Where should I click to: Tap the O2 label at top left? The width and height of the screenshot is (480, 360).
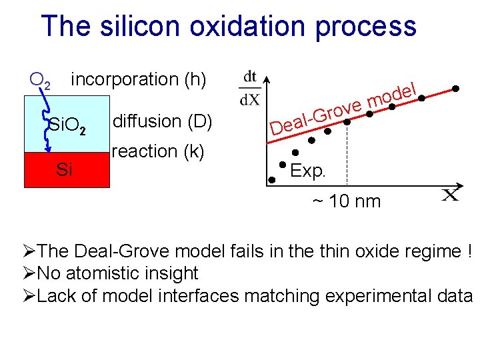pyautogui.click(x=40, y=81)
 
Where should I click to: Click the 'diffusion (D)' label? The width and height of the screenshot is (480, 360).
pyautogui.click(x=162, y=121)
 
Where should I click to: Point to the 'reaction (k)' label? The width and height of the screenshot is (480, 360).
pyautogui.click(x=158, y=151)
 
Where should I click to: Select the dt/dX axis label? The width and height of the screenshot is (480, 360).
pyautogui.click(x=250, y=88)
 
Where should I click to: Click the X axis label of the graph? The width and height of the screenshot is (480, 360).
pyautogui.click(x=451, y=194)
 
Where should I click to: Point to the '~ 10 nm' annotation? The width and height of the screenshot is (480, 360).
pyautogui.click(x=345, y=201)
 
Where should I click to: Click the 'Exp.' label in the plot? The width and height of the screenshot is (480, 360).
pyautogui.click(x=307, y=171)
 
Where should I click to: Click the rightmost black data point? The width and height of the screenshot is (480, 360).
pyautogui.click(x=456, y=88)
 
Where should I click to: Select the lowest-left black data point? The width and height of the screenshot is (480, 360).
pyautogui.click(x=272, y=179)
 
